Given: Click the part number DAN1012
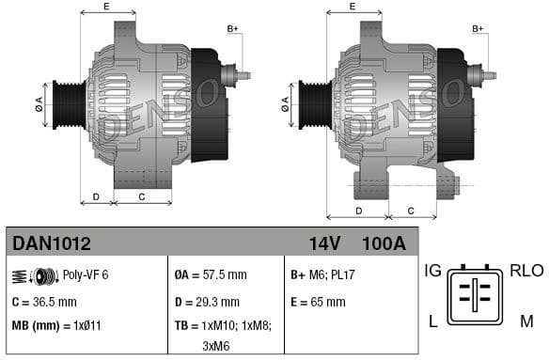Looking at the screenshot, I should pos(52,244).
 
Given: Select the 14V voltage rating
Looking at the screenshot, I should pos(324,244).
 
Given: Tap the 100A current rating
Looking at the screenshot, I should pos(383,244).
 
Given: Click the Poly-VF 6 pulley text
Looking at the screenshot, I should pos(86,274).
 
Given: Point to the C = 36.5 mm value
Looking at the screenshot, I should pos(44,302).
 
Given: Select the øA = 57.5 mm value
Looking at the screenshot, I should pos(211,274).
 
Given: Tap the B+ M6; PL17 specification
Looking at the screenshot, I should pos(322,274).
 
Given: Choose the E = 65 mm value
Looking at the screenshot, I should pos(318,302).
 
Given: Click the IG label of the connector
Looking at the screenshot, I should pos(433,271).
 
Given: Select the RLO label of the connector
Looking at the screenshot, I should pos(525,271).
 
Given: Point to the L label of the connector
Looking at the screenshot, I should pos(433,321).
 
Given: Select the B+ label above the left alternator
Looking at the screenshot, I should pos(233,29).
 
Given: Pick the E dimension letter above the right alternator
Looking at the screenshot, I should pos(353,7).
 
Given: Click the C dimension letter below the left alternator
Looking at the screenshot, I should pos(142,196).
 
